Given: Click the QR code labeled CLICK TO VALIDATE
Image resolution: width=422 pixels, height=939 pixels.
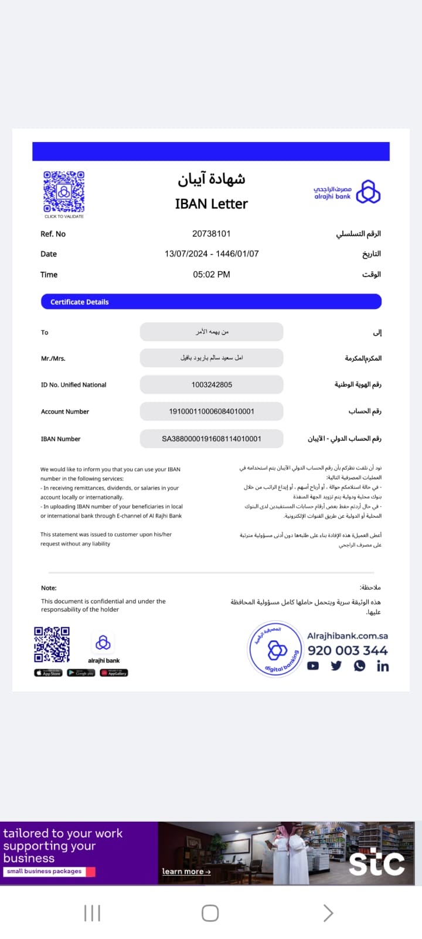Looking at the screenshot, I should click(64, 191).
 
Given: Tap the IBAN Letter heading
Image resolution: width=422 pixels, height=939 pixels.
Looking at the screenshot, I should click(211, 204).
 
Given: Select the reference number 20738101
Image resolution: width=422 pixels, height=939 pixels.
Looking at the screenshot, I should click(211, 234).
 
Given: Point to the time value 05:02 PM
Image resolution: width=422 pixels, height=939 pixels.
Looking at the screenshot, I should click(211, 274).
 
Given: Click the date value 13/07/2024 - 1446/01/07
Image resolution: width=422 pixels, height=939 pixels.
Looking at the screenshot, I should click(211, 254).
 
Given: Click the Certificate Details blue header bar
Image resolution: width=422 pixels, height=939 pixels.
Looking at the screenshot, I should click(211, 302).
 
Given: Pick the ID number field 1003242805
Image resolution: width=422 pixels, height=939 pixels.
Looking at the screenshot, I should click(211, 384).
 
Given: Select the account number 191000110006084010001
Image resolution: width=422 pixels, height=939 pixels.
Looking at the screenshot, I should click(211, 411).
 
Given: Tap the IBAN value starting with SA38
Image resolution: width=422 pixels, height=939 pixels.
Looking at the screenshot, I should click(211, 438).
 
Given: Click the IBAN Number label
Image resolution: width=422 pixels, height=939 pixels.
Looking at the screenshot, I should click(60, 439).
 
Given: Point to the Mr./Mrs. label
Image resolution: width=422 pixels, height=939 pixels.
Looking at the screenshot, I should click(53, 359).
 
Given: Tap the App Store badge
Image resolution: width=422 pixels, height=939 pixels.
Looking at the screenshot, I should click(48, 673).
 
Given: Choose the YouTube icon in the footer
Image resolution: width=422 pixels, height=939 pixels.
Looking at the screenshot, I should click(313, 666).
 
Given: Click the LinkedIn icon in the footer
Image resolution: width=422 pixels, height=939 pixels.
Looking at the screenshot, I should click(383, 666).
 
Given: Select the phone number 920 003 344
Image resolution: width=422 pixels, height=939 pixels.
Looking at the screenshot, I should click(348, 650).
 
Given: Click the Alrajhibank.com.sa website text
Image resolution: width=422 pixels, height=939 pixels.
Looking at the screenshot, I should click(348, 636).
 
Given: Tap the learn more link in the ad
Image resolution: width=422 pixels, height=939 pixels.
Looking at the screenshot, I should click(186, 872).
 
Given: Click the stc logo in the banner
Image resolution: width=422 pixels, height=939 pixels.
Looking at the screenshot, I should click(376, 862).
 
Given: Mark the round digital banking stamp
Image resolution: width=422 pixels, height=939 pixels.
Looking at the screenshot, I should click(275, 649).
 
